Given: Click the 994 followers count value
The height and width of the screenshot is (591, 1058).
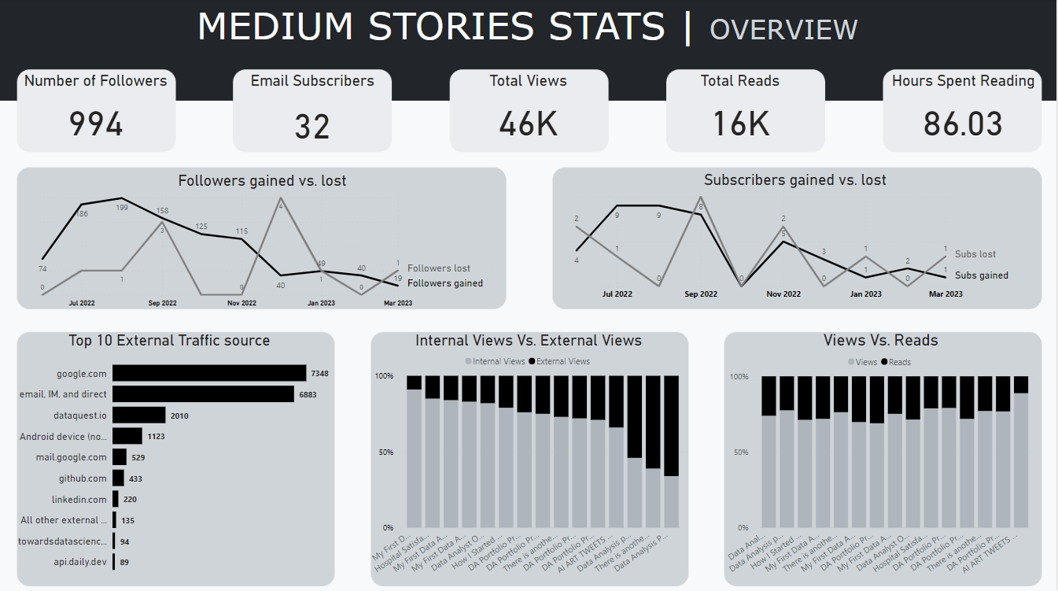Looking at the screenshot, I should tap(96, 124).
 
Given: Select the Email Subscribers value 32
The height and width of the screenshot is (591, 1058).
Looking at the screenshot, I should tap(312, 127).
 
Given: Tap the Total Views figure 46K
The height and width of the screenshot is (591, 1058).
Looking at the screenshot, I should tap(529, 124).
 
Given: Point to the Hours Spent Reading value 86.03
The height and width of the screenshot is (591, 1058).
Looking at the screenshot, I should tap(963, 124).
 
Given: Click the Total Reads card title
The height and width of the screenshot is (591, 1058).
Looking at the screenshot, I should tap(740, 81).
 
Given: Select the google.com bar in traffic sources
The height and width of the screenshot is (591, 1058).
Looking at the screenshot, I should tap(209, 373).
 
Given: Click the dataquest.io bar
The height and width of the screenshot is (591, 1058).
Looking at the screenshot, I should tap(139, 416).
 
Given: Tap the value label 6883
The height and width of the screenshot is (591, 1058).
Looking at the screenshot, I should tap(330, 394).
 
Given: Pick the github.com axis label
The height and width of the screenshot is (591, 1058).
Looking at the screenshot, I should tap(82, 478).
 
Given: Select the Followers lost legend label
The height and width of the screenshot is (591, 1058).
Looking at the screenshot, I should tap(439, 268).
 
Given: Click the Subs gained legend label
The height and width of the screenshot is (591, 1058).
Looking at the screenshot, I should tap(981, 275).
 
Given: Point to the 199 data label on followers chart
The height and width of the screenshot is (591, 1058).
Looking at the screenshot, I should tap(122, 208).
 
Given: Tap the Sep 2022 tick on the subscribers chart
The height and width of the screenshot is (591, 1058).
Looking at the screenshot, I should tap(701, 294).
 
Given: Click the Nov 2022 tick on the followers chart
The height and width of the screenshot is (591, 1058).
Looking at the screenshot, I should tap(242, 303).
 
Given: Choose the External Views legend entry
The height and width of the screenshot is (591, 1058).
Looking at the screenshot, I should tap(562, 361).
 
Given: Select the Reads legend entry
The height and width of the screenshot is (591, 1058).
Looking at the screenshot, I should tap(899, 362).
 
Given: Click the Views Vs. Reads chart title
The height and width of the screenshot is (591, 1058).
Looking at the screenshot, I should tap(880, 341).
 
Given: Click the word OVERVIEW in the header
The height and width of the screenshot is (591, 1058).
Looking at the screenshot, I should tap(783, 29).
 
